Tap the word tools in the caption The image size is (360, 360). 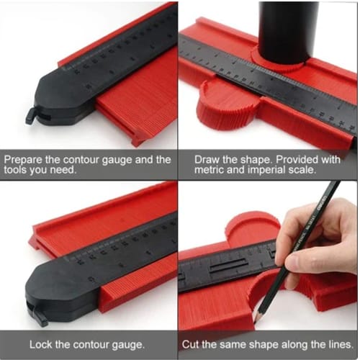click(15, 170)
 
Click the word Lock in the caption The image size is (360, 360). click(40, 345)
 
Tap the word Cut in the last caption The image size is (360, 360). click(190, 345)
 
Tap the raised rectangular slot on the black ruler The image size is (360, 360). click(229, 266)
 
